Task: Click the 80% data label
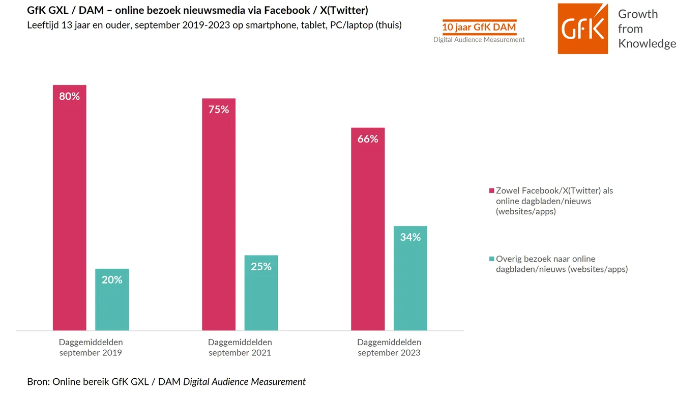pyautogui.click(x=69, y=96)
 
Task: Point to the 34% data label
pyautogui.click(x=410, y=237)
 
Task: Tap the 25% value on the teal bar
pyautogui.click(x=261, y=267)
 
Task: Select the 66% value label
pyautogui.click(x=368, y=139)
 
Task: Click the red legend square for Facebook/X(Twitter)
pyautogui.click(x=492, y=191)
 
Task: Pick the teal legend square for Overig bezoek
pyautogui.click(x=492, y=259)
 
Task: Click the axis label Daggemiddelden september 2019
pyautogui.click(x=91, y=347)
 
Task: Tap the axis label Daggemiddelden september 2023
pyautogui.click(x=389, y=347)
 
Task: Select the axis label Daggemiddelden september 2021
pyautogui.click(x=240, y=347)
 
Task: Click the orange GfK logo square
pyautogui.click(x=582, y=29)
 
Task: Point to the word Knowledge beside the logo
pyautogui.click(x=646, y=44)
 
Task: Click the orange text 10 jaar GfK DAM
pyautogui.click(x=479, y=27)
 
